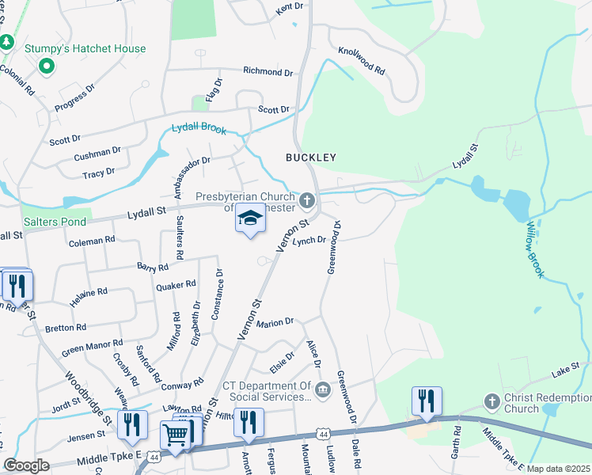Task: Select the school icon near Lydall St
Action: point(250,218)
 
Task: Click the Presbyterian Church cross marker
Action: point(306,198)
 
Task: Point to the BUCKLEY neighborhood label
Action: point(311,158)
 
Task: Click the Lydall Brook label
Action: point(199,129)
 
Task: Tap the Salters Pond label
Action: point(54,222)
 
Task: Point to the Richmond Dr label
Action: point(268,71)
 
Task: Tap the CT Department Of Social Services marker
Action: point(323,389)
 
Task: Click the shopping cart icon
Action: point(175,434)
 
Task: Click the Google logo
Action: point(27,465)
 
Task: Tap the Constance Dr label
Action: point(217,294)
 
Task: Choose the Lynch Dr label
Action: point(309,241)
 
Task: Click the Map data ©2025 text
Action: point(558,469)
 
